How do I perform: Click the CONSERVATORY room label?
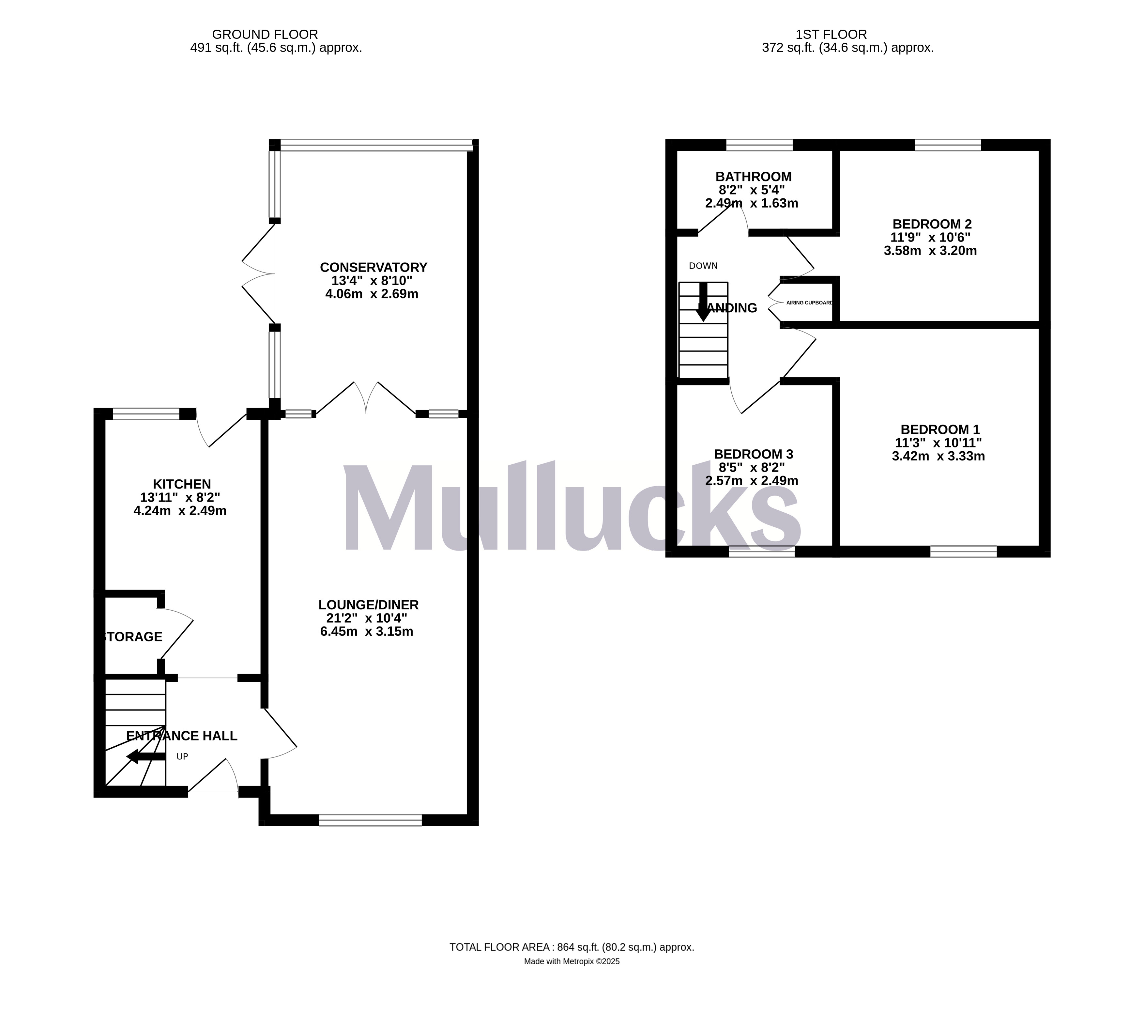tap(373, 267)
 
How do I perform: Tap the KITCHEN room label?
tap(182, 484)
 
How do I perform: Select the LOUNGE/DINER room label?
tap(368, 605)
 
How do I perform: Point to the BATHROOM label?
tap(753, 176)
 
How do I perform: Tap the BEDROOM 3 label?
tap(753, 454)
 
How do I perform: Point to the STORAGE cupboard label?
tap(134, 636)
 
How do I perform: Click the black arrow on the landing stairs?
tap(704, 302)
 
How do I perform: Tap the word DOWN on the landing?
tap(703, 266)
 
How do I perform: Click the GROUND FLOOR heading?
tap(265, 35)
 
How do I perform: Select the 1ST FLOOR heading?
tap(831, 35)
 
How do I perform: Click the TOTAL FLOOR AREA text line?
tap(572, 947)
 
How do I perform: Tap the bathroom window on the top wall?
tap(759, 145)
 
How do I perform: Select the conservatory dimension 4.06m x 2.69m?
tap(372, 294)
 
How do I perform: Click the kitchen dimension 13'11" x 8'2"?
tap(180, 497)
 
